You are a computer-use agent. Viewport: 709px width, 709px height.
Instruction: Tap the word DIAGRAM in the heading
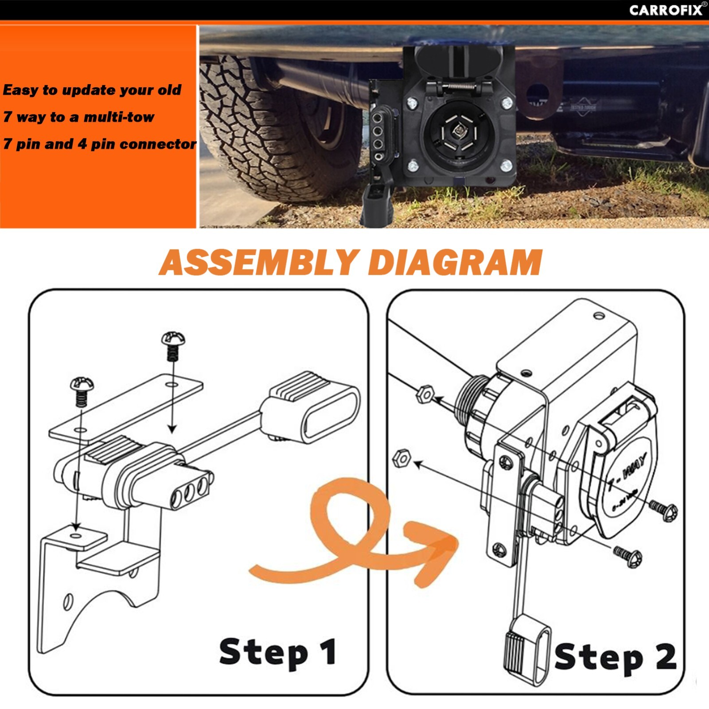pos(455,262)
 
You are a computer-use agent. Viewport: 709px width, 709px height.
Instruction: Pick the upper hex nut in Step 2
pos(425,393)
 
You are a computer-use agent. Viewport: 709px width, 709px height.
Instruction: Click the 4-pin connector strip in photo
pos(378,137)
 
